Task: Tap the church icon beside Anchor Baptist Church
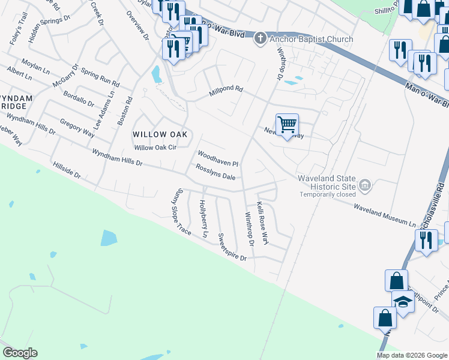pos(260,39)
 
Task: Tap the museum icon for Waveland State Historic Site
pos(364,187)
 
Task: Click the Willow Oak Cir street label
pos(155,148)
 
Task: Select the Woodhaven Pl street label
pos(218,159)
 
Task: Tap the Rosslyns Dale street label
pos(215,173)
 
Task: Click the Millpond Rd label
pos(226,92)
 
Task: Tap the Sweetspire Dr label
pos(232,247)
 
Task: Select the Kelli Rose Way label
pos(263,223)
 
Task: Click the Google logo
pos(20,353)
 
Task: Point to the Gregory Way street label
pos(77,128)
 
